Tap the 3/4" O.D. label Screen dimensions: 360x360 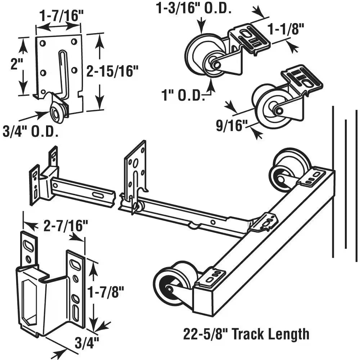point(31,132)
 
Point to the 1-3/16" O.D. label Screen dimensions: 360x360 point(193,9)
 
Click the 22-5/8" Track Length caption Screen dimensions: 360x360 point(246,334)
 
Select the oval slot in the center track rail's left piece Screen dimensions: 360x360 point(97,194)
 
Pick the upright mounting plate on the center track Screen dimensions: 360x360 point(136,169)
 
